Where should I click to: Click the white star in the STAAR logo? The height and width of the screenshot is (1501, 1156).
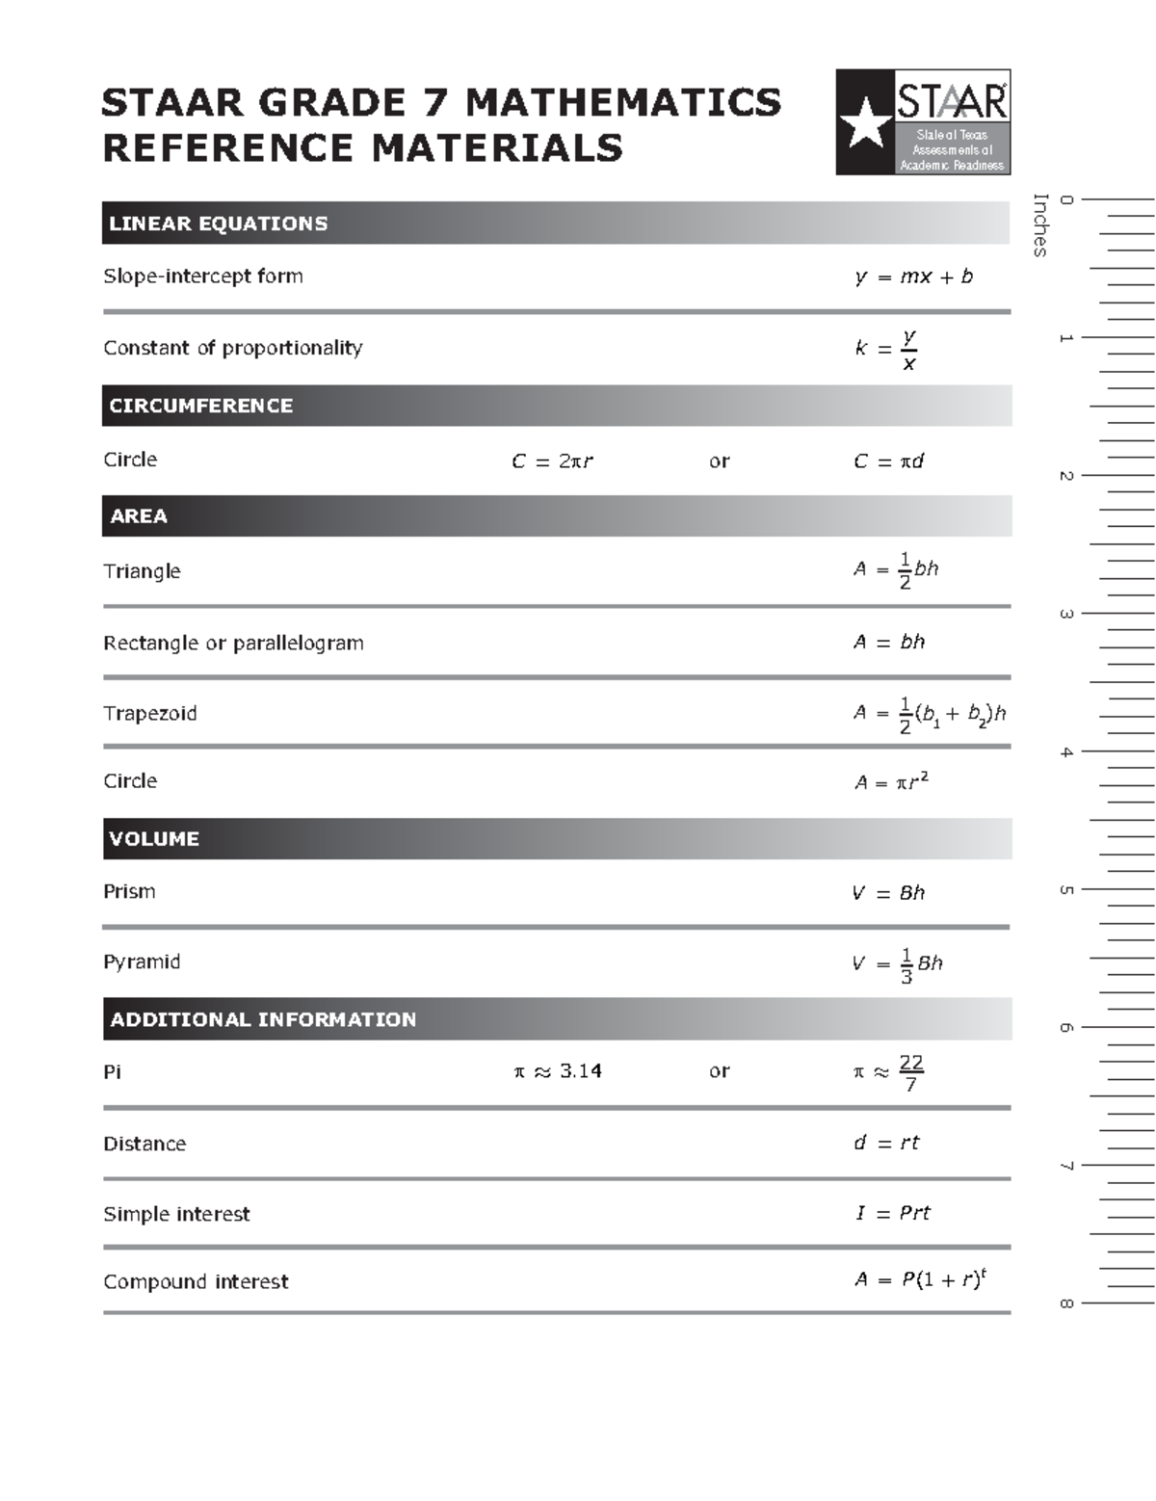click(864, 123)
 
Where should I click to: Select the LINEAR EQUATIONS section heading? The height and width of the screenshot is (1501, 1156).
click(219, 224)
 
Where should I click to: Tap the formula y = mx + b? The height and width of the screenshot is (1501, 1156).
click(913, 277)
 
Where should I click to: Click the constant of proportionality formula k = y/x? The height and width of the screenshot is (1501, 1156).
click(886, 349)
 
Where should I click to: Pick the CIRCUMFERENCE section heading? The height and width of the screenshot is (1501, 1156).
click(201, 406)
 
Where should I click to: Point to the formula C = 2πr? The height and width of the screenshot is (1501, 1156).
click(552, 461)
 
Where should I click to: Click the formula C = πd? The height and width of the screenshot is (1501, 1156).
click(888, 461)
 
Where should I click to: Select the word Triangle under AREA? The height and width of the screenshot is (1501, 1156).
click(142, 571)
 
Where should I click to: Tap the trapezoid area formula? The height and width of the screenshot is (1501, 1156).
click(929, 714)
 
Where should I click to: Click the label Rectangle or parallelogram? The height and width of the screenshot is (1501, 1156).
click(233, 643)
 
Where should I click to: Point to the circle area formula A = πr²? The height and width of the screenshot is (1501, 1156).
click(891, 781)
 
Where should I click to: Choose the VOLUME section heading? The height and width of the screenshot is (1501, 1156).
click(154, 839)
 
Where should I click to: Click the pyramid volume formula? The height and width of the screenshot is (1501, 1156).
click(897, 963)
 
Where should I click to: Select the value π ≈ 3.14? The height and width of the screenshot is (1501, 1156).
click(558, 1071)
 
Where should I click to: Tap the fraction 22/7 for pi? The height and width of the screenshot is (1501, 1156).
click(910, 1072)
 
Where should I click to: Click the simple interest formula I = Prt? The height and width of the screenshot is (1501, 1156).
click(893, 1214)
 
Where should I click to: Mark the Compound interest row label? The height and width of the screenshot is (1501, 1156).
click(196, 1282)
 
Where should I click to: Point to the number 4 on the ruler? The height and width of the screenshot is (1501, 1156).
click(1066, 752)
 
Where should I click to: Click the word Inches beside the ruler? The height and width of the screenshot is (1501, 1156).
click(1039, 225)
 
